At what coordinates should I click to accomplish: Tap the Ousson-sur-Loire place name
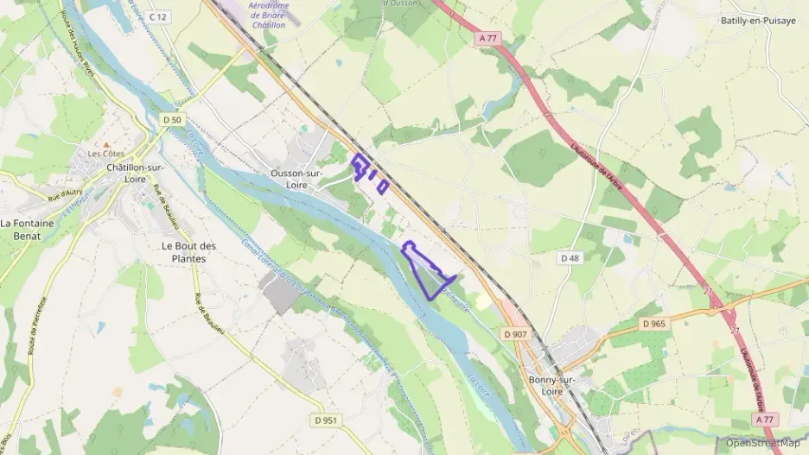tap(296, 179)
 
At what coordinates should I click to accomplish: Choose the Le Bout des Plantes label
tap(188, 251)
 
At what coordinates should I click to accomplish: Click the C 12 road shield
tap(157, 16)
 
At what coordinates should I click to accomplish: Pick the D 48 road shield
tap(569, 258)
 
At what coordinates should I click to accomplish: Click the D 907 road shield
tap(514, 333)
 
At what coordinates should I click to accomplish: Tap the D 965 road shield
tap(654, 324)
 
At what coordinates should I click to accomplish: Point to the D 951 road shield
tap(326, 420)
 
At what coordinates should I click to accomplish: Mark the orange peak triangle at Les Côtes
tap(106, 144)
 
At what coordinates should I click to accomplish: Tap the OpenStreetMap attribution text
tap(763, 443)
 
